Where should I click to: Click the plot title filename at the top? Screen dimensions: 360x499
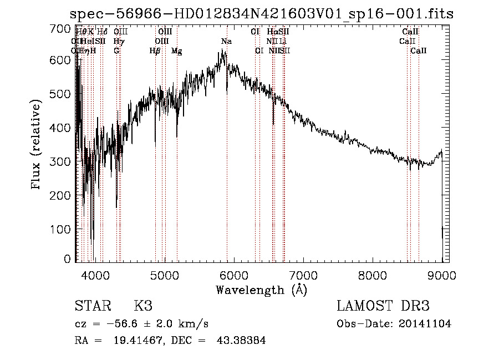click(x=262, y=14)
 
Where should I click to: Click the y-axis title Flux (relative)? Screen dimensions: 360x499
click(x=37, y=145)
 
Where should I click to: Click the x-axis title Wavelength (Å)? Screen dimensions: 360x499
click(x=261, y=290)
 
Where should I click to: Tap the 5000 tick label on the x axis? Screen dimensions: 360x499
click(x=165, y=274)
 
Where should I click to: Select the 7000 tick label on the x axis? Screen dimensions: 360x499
click(x=303, y=274)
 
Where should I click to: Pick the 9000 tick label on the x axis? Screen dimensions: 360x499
click(x=441, y=274)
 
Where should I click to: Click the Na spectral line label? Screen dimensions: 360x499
click(x=226, y=42)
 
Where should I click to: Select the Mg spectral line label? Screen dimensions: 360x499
click(x=177, y=50)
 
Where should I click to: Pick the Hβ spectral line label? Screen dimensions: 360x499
click(x=155, y=50)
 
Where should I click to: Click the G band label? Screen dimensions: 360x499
click(x=116, y=50)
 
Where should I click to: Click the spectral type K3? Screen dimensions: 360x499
click(x=143, y=306)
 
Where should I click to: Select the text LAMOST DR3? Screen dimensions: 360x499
click(x=383, y=306)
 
